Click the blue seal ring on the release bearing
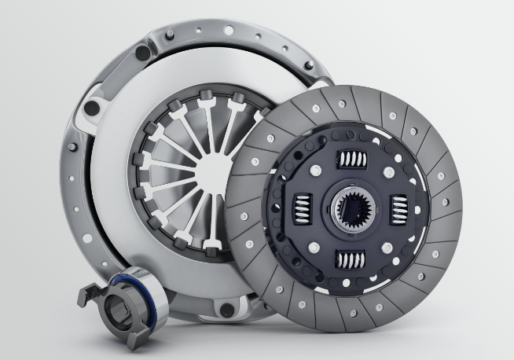[x=122, y=279]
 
